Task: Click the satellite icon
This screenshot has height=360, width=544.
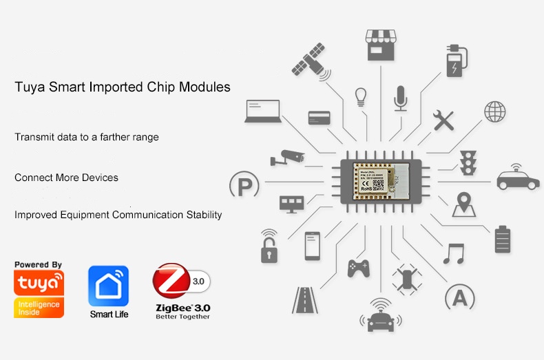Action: click(x=308, y=59)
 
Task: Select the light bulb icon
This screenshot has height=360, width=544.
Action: click(x=360, y=97)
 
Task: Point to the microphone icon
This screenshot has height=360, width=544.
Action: click(x=400, y=98)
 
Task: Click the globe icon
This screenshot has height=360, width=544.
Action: click(x=494, y=111)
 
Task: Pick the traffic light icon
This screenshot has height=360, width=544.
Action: click(x=469, y=161)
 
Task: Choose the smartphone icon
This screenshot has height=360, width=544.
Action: click(x=313, y=246)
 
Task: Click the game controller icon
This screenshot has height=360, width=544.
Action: click(x=358, y=267)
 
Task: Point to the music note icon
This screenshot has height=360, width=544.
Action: click(x=454, y=253)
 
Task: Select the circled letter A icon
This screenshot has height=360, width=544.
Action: click(x=460, y=298)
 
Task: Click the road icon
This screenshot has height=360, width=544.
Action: click(x=304, y=300)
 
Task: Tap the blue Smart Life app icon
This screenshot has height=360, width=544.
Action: click(x=108, y=286)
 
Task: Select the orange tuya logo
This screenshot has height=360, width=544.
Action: click(x=39, y=283)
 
